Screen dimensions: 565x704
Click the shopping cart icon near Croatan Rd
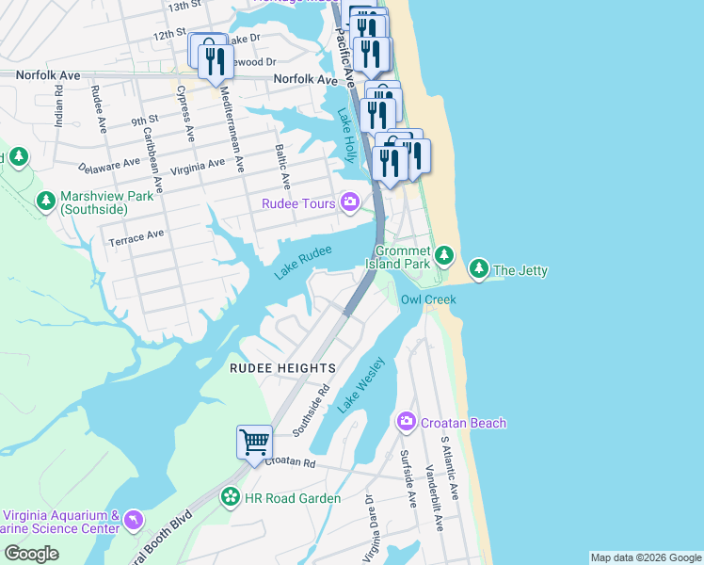point(255,441)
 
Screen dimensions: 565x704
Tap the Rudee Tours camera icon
point(350,202)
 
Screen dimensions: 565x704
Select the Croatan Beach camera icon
point(407,423)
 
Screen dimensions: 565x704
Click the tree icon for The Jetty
point(479,270)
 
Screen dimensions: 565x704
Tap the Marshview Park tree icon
point(45,201)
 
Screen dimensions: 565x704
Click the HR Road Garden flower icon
point(230,496)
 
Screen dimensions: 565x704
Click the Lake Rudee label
point(303,263)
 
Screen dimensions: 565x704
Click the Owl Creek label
point(428,299)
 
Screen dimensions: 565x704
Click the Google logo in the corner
point(31,554)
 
